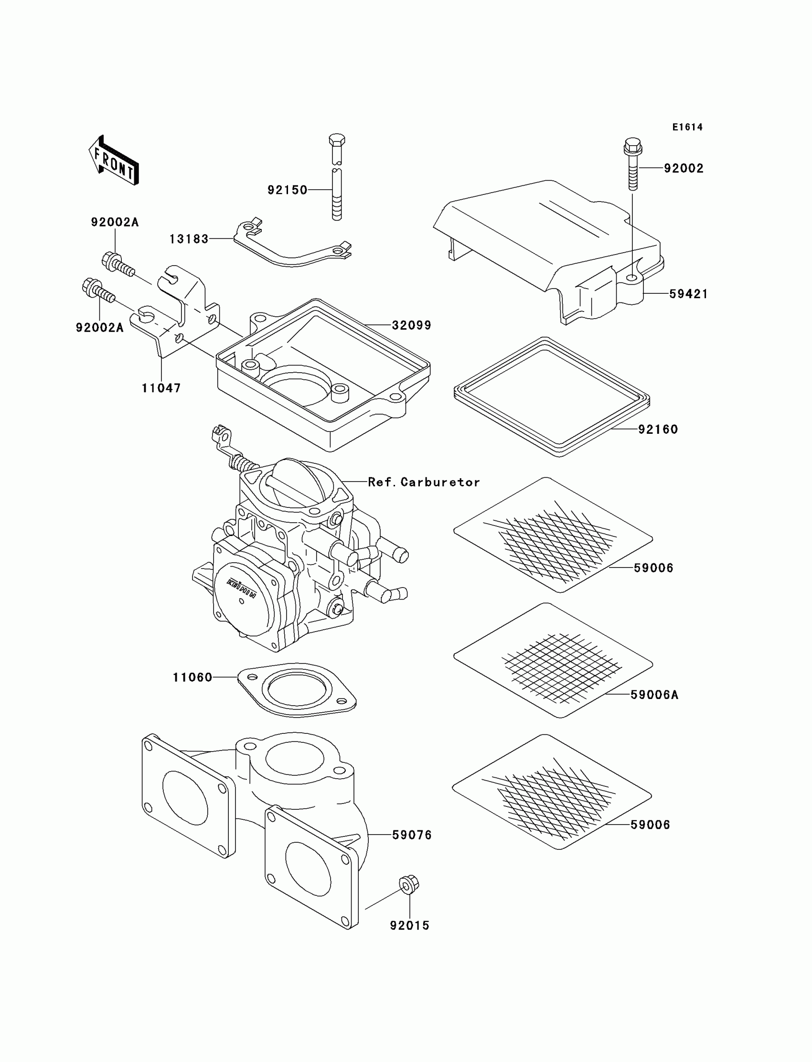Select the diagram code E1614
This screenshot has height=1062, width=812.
coord(687,127)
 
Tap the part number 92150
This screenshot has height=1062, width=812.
coord(288,190)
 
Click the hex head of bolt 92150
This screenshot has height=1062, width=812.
coord(336,140)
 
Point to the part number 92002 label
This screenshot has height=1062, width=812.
coord(684,168)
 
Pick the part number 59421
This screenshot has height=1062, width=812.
coord(688,294)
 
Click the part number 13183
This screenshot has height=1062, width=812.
coord(189,239)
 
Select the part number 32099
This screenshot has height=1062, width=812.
coord(411,325)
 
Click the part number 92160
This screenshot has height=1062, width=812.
coord(658,429)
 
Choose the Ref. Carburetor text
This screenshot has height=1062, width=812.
coord(424,482)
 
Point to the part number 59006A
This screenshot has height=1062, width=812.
coord(654,695)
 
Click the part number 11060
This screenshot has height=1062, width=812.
coord(193,677)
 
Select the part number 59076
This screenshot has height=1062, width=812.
coord(412,835)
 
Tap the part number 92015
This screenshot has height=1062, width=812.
coord(410,925)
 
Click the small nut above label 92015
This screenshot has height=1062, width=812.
coord(409,884)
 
